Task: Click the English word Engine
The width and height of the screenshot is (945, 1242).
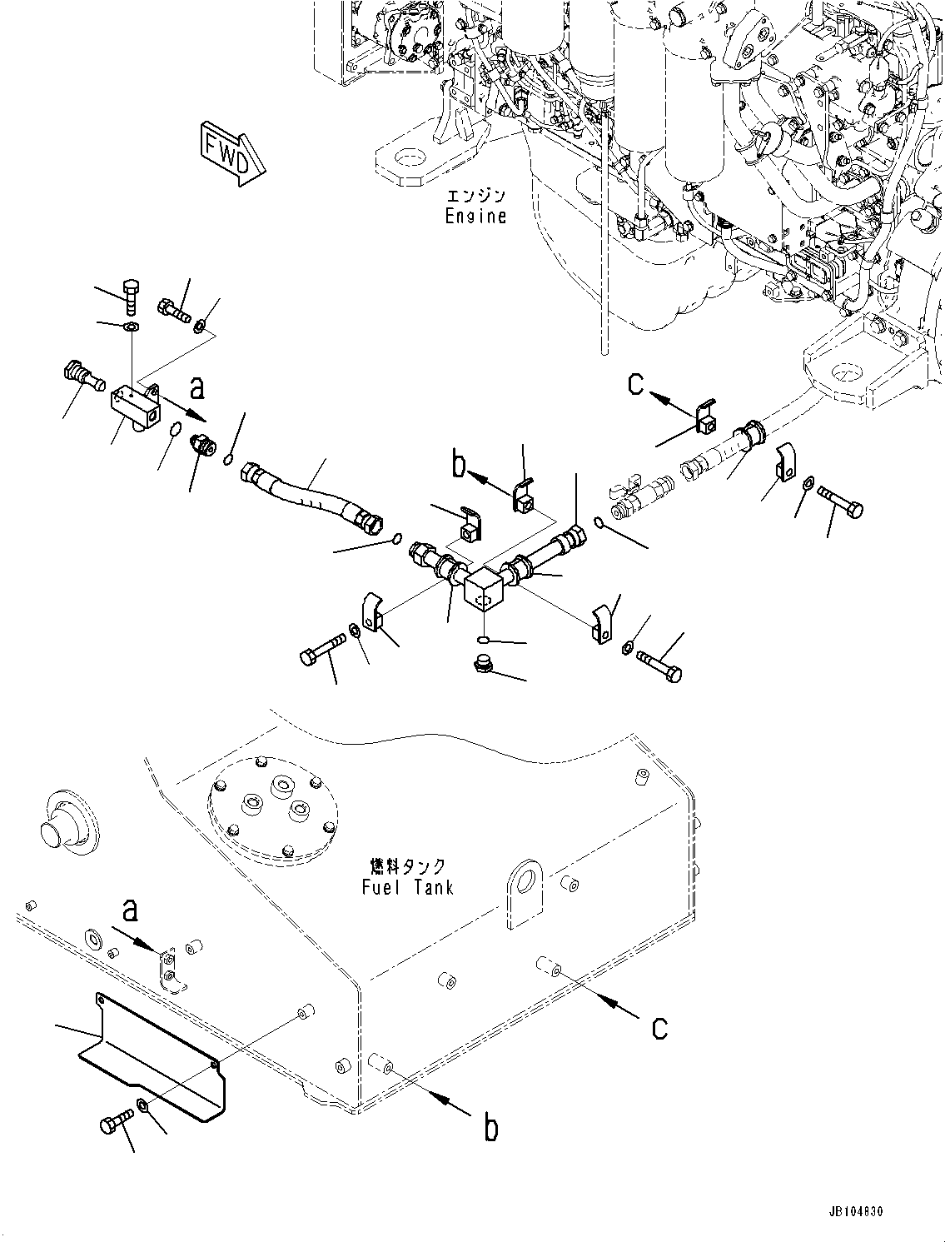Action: (475, 216)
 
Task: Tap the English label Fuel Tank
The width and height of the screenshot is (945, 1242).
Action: (408, 887)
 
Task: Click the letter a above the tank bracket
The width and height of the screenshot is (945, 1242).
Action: (130, 912)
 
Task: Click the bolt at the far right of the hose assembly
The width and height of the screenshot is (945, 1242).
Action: (842, 500)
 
